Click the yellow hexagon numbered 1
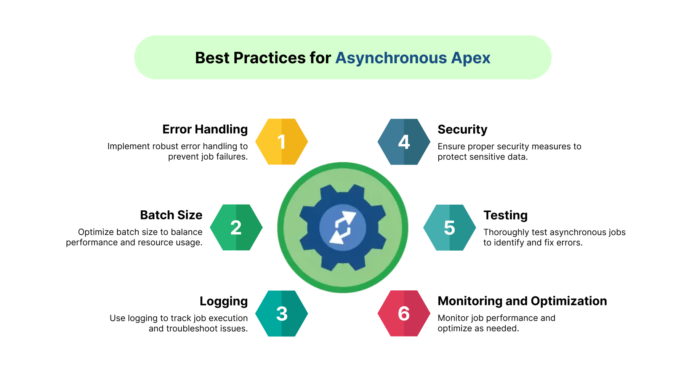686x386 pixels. (282, 142)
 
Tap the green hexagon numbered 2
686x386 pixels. (236, 227)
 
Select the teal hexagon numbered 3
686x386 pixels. (282, 314)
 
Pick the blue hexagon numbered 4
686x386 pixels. (404, 142)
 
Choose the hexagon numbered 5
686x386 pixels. (450, 227)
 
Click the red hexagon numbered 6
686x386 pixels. (404, 314)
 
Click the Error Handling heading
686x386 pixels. (205, 130)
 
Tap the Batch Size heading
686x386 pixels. (171, 215)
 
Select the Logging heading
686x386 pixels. (224, 301)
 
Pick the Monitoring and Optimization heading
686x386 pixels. (522, 301)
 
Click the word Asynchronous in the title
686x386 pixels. (391, 58)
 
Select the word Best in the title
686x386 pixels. (212, 58)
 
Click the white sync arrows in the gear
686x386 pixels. (343, 227)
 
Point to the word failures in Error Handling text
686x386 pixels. (232, 157)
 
